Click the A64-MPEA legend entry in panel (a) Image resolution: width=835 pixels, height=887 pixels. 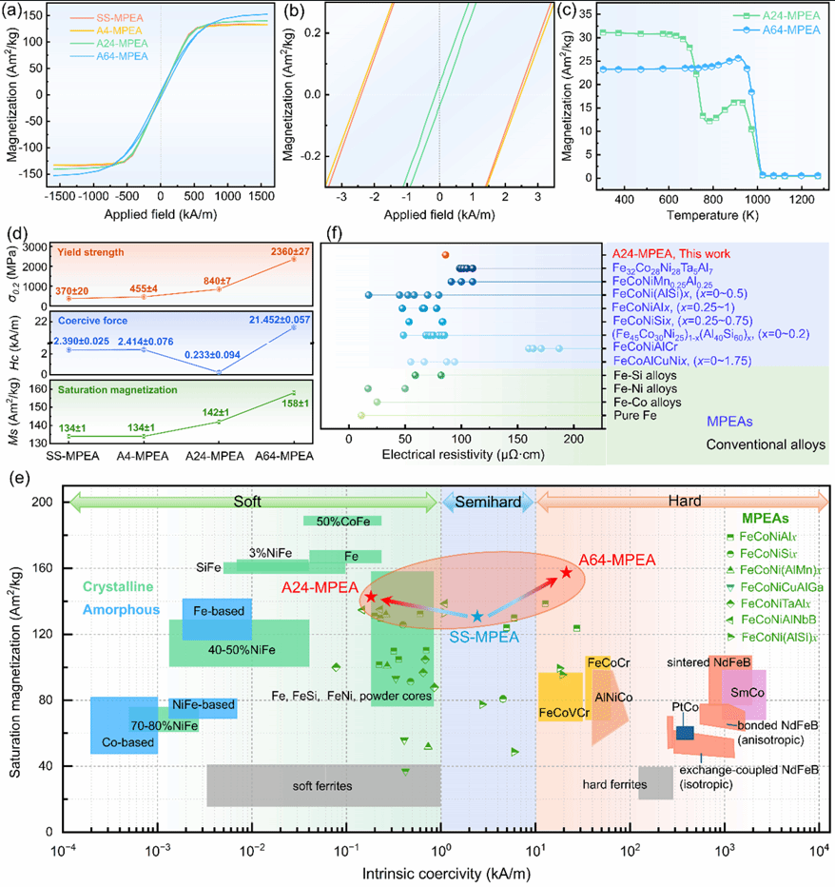109,56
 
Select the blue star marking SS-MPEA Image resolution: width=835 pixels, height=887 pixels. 477,616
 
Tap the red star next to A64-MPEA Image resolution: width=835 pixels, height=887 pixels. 566,573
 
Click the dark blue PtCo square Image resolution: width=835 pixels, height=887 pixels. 685,733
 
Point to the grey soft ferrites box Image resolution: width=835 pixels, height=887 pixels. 323,785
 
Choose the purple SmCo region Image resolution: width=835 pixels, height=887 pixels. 744,695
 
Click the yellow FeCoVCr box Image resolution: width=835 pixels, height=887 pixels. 560,697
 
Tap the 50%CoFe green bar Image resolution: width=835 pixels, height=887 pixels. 342,521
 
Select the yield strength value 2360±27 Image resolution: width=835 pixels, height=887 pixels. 290,251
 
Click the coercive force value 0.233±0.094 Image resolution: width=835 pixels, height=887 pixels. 213,355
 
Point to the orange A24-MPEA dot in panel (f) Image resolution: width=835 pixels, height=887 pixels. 445,255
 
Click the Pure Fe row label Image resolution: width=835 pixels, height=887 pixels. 635,415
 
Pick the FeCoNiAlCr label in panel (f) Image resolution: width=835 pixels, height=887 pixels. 645,346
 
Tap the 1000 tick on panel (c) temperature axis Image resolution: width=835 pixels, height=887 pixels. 757,200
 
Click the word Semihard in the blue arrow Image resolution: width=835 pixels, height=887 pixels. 488,502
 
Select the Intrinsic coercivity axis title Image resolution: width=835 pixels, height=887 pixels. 446,874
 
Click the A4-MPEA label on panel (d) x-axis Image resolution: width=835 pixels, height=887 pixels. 142,455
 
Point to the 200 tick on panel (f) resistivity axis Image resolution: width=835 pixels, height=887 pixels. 573,440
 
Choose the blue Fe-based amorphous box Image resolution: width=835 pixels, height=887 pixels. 217,620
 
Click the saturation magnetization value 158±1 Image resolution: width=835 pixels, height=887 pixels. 296,404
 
